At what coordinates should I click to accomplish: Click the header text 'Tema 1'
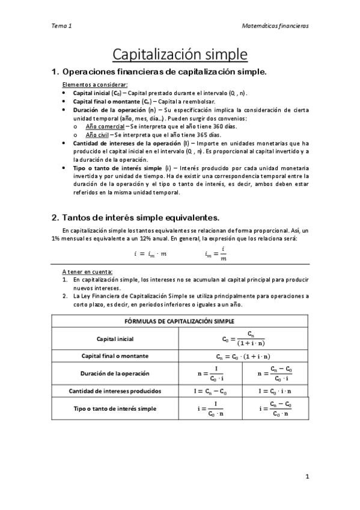[x=61, y=26]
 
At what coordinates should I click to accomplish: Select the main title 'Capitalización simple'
[x=180, y=54]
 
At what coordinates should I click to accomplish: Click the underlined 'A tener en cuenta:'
[x=87, y=272]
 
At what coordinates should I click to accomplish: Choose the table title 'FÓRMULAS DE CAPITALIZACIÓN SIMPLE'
[x=180, y=321]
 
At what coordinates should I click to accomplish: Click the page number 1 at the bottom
[x=307, y=477]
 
